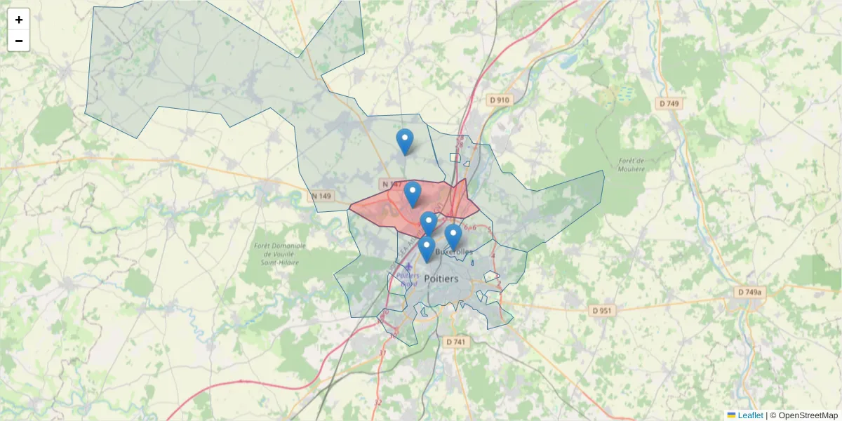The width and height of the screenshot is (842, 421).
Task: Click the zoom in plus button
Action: pos(19,20)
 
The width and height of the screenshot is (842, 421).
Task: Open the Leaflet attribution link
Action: pos(749,415)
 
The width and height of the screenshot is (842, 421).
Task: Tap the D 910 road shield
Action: pos(499,100)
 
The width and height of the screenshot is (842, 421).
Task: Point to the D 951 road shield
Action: pos(601,310)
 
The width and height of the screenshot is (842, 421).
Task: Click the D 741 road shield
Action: pos(455,342)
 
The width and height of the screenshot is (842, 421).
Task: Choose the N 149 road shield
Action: pos(321,196)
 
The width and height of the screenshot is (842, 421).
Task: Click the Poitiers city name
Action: pos(441,279)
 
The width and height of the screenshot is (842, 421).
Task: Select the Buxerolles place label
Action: pos(454,251)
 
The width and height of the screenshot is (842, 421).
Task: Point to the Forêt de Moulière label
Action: pos(631,164)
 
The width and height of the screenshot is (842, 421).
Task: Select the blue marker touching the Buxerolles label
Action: pos(453,236)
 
